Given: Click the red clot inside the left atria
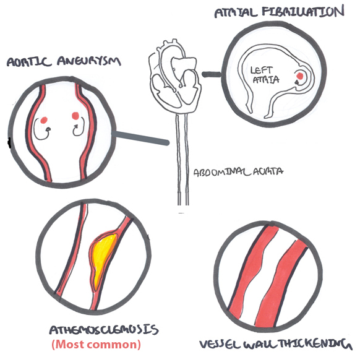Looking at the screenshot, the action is point(299,75).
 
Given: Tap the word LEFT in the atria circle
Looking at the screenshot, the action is point(262,70).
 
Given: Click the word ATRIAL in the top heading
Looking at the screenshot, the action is point(236,13).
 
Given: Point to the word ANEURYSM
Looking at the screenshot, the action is point(89,61).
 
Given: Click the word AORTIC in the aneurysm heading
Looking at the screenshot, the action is point(29,62).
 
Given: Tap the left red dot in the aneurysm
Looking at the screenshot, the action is point(44,120).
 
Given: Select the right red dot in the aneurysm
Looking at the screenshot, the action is point(75,116).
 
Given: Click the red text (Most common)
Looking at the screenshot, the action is point(96,344).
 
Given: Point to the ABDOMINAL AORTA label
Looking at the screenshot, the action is point(238,172).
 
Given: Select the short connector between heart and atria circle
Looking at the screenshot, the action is point(211,74).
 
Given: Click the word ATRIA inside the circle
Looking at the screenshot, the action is point(266,80).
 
